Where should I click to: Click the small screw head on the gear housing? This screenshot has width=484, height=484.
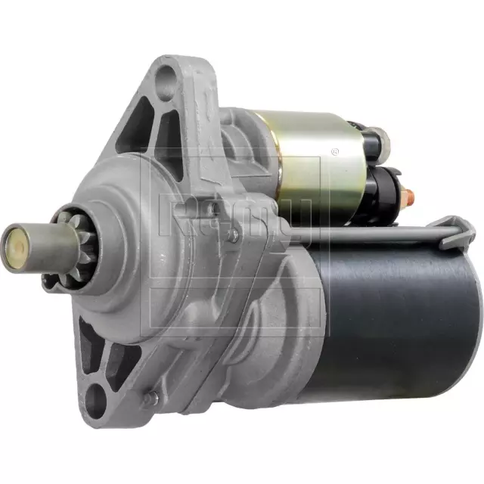click(x=232, y=235)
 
